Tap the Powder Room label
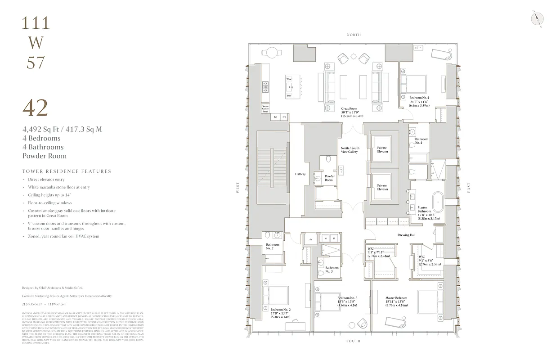click(329, 178)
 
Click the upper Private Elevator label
click(382, 150)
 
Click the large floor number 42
click(35, 108)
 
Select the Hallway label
click(300, 174)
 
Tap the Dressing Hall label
click(406, 235)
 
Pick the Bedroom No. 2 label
click(281, 310)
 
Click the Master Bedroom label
click(396, 298)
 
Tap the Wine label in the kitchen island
click(289, 79)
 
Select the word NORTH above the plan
click(354, 35)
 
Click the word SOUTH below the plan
click(353, 341)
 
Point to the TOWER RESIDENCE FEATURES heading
click(67, 171)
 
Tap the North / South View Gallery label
click(350, 150)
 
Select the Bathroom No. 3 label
click(332, 270)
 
